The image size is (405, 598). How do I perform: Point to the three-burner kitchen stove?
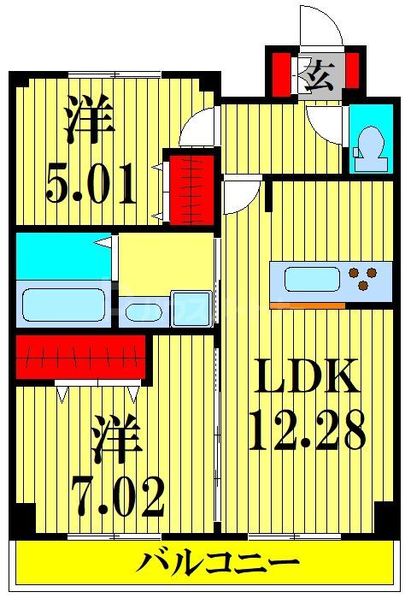point(365,279)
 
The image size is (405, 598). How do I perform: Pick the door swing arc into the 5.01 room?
point(197,128)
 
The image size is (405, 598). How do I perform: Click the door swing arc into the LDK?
point(243,196)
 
